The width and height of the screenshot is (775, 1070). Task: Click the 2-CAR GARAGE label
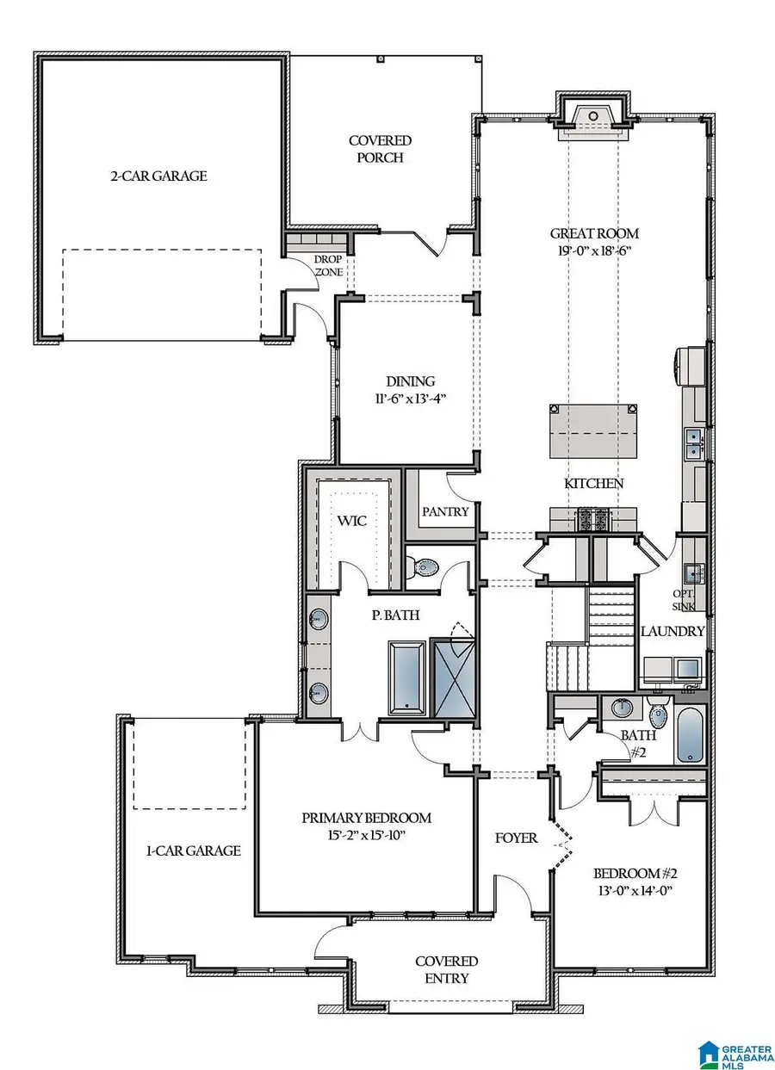[x=158, y=176]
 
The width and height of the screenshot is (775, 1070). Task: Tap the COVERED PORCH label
[x=380, y=149]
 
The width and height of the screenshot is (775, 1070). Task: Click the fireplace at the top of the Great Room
[x=593, y=121]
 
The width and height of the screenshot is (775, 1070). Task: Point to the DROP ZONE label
[x=328, y=265]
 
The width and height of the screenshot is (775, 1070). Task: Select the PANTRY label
[x=445, y=511]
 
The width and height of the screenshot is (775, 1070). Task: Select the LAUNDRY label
[x=673, y=631]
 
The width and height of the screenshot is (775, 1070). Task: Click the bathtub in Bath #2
[x=690, y=734]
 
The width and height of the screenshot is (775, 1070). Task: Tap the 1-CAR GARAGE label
[x=192, y=850]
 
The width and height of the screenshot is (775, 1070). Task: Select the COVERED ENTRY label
[x=446, y=969]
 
